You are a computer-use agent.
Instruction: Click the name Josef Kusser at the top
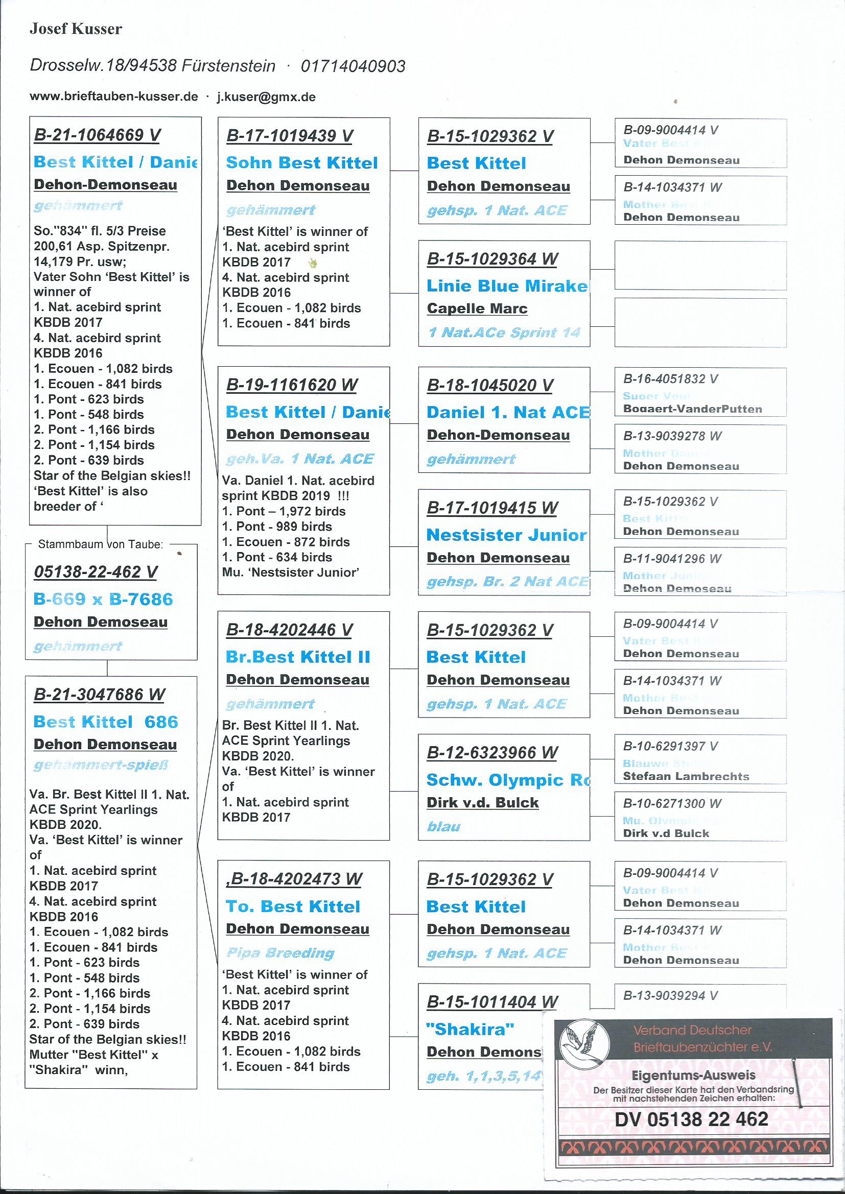(x=76, y=29)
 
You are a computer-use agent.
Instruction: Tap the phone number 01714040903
(x=353, y=66)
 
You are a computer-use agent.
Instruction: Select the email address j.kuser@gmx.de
(x=266, y=97)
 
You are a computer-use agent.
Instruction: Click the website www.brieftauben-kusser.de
(x=113, y=97)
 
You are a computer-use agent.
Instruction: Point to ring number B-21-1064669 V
(x=97, y=135)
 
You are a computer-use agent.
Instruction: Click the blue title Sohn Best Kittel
(x=302, y=163)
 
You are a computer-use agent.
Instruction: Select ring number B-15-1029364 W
(x=491, y=259)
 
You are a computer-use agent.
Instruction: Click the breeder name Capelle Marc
(x=477, y=308)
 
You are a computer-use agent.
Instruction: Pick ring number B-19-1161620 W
(x=292, y=385)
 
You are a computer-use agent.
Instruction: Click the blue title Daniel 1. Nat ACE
(x=508, y=413)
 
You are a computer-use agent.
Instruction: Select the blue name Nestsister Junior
(x=506, y=535)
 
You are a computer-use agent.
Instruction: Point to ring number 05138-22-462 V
(x=95, y=572)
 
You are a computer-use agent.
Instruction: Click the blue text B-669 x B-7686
(x=103, y=599)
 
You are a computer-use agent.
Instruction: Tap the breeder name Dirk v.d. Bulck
(x=482, y=802)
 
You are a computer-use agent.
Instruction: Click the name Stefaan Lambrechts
(x=686, y=776)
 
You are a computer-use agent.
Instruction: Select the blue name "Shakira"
(x=470, y=1029)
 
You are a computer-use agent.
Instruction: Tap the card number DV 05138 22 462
(x=691, y=1119)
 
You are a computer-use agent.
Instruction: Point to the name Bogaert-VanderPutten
(x=692, y=409)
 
